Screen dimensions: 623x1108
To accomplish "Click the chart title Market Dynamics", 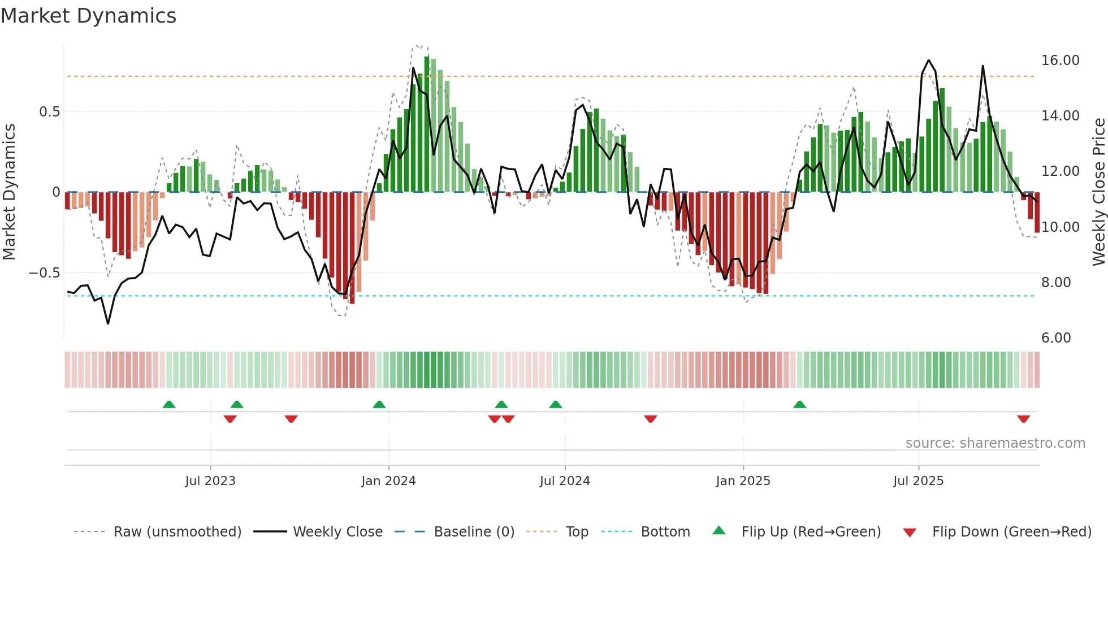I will [89, 16].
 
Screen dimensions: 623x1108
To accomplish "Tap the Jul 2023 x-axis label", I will [210, 481].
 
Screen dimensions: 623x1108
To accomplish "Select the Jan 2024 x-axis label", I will [388, 481].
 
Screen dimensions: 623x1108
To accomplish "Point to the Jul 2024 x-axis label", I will [565, 481].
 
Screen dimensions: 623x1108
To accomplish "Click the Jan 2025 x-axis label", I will [743, 481].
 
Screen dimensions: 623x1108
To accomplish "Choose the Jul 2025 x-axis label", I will [919, 481].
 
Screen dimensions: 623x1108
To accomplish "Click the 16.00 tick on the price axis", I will [1060, 60].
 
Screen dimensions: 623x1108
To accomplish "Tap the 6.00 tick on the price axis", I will [1056, 338].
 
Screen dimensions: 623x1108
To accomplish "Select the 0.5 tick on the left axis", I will [49, 112].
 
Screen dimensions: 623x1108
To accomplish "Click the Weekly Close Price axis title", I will [1098, 192].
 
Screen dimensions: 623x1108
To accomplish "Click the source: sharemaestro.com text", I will [995, 443].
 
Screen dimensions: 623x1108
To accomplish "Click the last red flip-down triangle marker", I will [1023, 419].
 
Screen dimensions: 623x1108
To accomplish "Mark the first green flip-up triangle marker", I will [169, 404].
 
